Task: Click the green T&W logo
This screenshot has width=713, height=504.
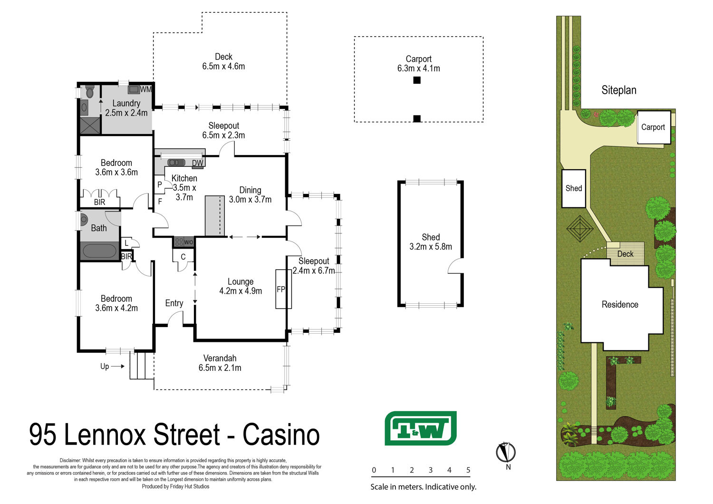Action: (421, 428)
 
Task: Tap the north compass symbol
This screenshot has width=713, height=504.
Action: (506, 453)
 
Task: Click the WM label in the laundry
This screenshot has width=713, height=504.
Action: (146, 89)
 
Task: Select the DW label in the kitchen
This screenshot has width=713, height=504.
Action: (197, 163)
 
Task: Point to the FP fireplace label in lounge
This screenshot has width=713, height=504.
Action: (281, 289)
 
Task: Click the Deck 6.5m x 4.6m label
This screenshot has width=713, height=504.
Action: (223, 61)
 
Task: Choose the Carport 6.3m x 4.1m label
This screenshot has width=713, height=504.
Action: (419, 64)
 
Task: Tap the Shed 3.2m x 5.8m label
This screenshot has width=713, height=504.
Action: (431, 242)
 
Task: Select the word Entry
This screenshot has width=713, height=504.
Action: (174, 303)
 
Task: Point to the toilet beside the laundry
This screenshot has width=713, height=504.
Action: (90, 91)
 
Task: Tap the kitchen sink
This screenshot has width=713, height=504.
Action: (176, 163)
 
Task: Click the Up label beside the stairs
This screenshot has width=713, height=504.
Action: (105, 367)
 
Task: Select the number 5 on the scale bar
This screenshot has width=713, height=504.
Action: (468, 470)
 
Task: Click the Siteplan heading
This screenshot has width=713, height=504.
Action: (619, 90)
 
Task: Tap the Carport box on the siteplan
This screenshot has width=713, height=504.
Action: (654, 127)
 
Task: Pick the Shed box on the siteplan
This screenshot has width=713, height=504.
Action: (574, 188)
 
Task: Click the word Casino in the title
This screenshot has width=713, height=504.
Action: (281, 435)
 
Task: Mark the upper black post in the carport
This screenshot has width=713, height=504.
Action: (417, 80)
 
